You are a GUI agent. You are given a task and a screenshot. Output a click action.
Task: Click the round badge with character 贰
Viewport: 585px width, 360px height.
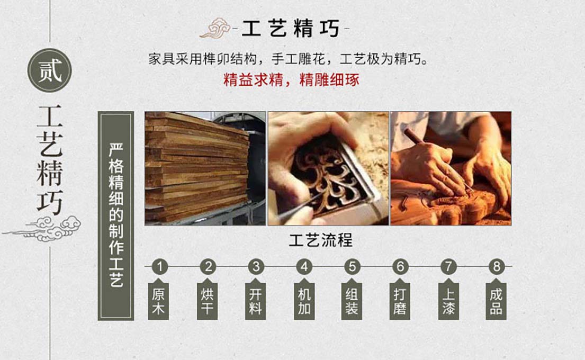tap(50, 70)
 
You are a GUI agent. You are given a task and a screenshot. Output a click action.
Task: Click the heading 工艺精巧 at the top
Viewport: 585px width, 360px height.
tap(291, 29)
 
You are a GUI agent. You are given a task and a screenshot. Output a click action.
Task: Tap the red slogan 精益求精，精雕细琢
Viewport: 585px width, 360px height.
tap(291, 80)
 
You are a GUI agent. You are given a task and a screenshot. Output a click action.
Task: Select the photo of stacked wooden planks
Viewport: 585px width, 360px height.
tap(205, 168)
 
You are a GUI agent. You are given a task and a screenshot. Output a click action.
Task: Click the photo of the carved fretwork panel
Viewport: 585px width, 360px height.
tap(328, 168)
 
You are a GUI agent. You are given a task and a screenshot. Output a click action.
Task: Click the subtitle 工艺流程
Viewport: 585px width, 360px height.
tap(321, 241)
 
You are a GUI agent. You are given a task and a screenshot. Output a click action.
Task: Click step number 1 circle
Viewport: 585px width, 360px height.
tap(160, 267)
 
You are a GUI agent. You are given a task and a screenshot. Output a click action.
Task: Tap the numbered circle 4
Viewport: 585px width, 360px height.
tap(304, 267)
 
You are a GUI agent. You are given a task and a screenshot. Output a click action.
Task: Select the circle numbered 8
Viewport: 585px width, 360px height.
tap(497, 267)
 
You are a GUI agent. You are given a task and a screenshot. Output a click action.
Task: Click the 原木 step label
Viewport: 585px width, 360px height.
tap(159, 301)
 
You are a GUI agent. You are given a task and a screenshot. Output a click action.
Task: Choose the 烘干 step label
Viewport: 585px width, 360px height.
tap(207, 301)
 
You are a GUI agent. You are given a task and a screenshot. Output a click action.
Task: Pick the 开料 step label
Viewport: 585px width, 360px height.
tap(255, 301)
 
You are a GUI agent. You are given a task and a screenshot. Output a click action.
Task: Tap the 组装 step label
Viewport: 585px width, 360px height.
tap(352, 301)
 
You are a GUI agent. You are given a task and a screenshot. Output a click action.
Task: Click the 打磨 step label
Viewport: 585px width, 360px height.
tap(400, 301)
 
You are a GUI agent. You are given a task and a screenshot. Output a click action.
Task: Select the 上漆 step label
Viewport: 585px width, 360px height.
tap(448, 301)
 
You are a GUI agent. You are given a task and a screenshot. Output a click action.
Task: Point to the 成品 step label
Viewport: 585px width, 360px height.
tap(496, 301)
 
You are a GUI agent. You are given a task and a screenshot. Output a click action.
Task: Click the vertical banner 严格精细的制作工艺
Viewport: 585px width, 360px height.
tap(115, 215)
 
